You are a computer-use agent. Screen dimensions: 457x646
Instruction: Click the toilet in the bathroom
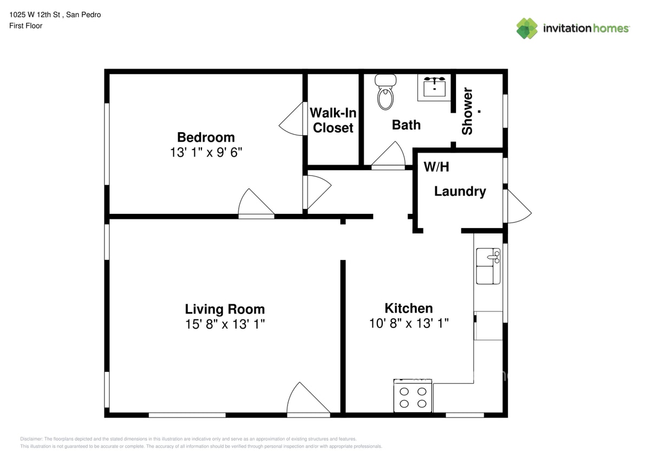point(385,93)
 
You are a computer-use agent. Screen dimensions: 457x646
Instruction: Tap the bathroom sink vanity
point(434,87)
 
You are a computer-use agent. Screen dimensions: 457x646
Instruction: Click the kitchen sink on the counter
point(488,266)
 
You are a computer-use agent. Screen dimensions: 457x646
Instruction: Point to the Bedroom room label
point(206,137)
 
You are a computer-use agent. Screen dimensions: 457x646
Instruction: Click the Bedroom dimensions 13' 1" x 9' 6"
point(206,152)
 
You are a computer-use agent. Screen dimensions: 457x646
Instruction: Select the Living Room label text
point(225,309)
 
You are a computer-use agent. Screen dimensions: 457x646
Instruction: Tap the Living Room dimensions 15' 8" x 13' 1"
point(225,324)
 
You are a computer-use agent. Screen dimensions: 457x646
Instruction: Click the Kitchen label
point(408,308)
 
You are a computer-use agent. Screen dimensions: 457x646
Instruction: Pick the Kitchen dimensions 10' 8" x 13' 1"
point(408,323)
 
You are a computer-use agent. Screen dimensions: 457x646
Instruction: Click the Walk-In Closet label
point(333,120)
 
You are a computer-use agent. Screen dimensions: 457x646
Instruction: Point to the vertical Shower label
point(467,111)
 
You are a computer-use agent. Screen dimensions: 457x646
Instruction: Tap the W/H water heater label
point(436,167)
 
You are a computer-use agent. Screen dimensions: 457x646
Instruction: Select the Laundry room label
point(460,191)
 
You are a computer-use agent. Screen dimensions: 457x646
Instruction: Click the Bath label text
point(406,125)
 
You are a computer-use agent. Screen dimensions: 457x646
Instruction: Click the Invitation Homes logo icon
point(526,28)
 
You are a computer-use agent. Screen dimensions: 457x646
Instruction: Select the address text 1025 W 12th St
point(55,15)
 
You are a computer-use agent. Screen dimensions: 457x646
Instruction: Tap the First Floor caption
point(25,25)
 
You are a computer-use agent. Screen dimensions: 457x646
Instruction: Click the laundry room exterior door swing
point(517,208)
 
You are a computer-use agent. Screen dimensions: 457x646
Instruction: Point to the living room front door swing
point(307,400)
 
